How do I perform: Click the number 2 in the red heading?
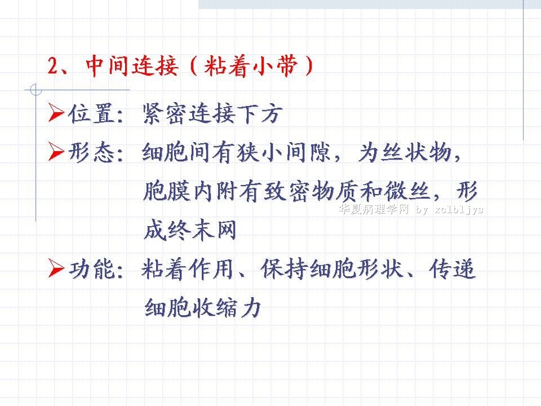[x=54, y=65]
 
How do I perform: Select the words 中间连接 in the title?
[x=132, y=65]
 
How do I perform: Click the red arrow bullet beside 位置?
[x=56, y=112]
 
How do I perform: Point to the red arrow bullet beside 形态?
[x=56, y=151]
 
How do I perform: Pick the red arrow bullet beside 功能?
[x=56, y=268]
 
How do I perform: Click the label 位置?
[x=91, y=113]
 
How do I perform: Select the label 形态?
[x=91, y=152]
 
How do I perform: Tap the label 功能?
[x=92, y=269]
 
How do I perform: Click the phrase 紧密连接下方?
[x=212, y=113]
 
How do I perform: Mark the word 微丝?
[x=407, y=191]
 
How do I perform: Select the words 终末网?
[x=202, y=230]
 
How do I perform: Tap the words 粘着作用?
[x=188, y=269]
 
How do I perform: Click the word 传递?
[x=453, y=269]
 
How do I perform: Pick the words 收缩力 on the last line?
[x=227, y=308]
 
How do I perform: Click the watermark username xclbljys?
[x=459, y=210]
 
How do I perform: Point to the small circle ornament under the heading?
[x=36, y=90]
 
